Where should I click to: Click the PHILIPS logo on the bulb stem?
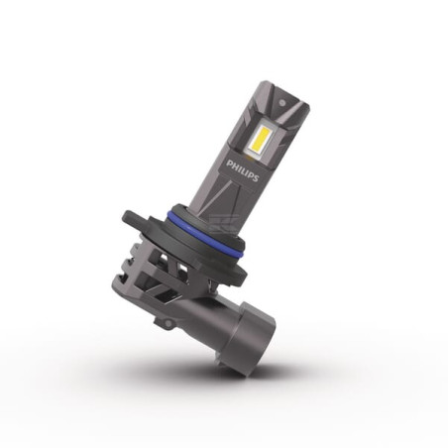[x=242, y=170]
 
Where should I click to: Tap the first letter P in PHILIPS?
[x=228, y=164]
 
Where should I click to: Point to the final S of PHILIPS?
[x=256, y=178]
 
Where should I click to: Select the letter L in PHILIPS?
[x=242, y=169]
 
